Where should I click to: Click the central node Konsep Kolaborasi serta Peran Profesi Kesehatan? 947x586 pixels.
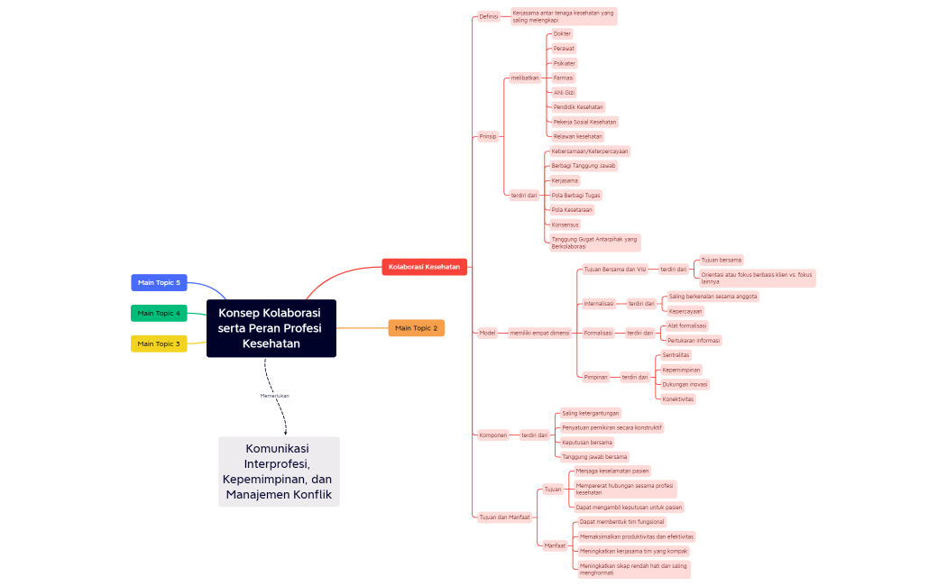coord(271,328)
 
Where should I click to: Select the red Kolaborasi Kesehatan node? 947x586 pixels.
coord(424,267)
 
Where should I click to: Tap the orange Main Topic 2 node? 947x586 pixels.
coord(416,328)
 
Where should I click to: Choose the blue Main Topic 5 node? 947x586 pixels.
coord(159,282)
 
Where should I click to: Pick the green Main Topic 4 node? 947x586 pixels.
coord(159,313)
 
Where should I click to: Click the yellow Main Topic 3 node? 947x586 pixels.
coord(159,343)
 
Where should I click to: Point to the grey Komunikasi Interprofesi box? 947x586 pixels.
coord(279,472)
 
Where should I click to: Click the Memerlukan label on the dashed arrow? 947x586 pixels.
coord(274,395)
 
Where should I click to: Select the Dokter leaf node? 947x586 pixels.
coord(562,33)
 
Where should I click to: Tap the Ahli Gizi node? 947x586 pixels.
coord(564,92)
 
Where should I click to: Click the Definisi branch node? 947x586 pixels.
coord(489,16)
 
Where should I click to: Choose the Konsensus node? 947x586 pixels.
coord(565,224)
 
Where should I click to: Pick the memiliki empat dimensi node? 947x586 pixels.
coord(539,333)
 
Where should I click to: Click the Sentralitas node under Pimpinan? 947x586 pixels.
coord(676,355)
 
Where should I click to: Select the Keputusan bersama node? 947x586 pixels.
coord(587,442)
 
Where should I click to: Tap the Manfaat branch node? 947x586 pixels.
coord(555,545)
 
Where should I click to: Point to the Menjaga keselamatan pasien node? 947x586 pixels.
coord(612,471)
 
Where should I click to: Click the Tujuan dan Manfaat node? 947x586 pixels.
coord(505,517)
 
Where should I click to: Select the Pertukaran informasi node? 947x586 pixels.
coord(694,341)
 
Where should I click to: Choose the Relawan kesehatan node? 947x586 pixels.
coord(577,136)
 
